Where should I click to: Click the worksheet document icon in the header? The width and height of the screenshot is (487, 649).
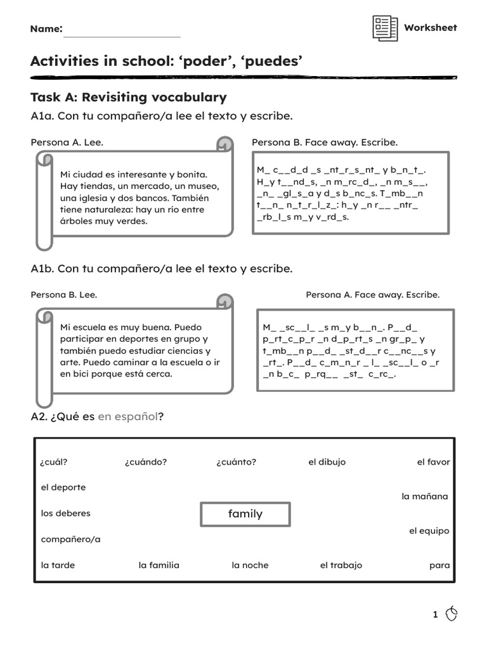coord(385,29)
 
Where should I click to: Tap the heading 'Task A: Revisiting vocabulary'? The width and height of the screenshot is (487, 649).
coord(128,97)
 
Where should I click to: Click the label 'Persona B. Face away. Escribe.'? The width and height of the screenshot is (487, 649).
coord(325,143)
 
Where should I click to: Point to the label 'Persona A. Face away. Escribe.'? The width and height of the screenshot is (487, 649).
coord(372,295)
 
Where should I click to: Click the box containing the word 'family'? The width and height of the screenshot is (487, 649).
coord(245,514)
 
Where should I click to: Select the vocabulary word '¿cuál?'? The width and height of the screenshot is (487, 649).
coord(55,462)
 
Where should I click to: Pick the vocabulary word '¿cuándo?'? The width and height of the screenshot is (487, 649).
coord(146,462)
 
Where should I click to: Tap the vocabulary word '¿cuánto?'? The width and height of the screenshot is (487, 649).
coord(236,462)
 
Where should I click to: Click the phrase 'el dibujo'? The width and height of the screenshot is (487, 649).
coord(327,462)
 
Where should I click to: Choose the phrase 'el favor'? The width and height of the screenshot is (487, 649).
coord(433,462)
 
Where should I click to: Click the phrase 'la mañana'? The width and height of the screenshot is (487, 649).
coord(424,496)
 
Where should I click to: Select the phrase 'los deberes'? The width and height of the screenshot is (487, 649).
coord(66,513)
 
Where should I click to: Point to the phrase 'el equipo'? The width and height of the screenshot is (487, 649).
coord(429,530)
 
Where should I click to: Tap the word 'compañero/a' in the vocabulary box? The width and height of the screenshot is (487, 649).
coord(70,539)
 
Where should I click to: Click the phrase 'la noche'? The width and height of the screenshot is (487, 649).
coord(250,565)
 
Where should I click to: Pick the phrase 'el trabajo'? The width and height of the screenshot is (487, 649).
coord(341,565)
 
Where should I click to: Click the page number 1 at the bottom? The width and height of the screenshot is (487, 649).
coord(436,614)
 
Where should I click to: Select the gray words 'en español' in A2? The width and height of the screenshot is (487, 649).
coord(127,416)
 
